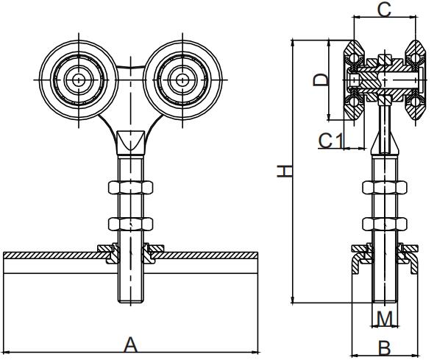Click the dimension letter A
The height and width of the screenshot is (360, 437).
click(x=130, y=345)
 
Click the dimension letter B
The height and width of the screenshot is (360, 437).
click(x=384, y=346)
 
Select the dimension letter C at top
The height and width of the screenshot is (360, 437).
click(x=384, y=9)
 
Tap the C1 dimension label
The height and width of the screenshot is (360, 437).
click(x=330, y=139)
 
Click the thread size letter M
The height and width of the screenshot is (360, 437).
click(x=384, y=317)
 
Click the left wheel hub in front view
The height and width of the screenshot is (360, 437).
click(x=77, y=78)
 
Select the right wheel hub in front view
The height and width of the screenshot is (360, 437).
click(x=180, y=78)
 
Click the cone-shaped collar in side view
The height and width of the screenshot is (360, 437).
click(x=384, y=142)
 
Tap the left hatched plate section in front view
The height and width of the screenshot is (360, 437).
click(x=51, y=255)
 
